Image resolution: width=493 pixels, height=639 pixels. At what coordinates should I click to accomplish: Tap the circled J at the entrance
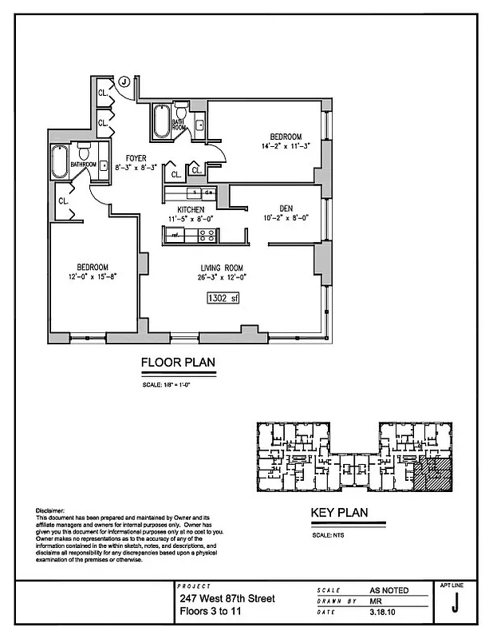tap(124, 81)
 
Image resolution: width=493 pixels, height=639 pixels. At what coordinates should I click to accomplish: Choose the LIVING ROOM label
tap(222, 268)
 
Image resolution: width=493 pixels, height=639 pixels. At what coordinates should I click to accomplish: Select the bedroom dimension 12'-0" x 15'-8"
tap(93, 276)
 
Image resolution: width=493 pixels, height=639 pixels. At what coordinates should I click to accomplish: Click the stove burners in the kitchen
tap(206, 235)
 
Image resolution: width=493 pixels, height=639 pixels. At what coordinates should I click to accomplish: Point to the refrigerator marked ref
tap(173, 235)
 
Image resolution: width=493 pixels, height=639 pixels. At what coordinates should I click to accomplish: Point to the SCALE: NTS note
tap(323, 535)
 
